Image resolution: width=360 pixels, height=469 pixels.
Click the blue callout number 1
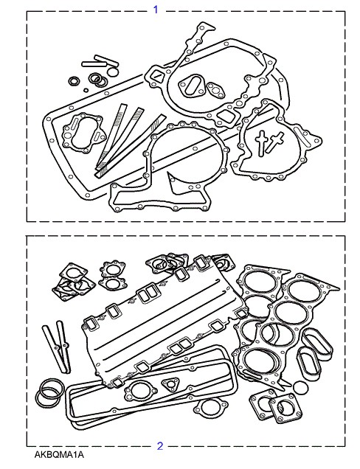click(x=156, y=10)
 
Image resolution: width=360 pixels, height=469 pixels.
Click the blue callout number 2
click(x=160, y=446)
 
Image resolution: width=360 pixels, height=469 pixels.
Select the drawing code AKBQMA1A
click(x=59, y=455)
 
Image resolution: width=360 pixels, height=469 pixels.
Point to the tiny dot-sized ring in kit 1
click(x=86, y=90)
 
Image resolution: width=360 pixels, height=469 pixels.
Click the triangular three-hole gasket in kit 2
click(x=170, y=384)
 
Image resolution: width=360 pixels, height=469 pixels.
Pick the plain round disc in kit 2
click(x=300, y=387)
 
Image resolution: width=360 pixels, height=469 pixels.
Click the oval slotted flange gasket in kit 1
click(x=190, y=86)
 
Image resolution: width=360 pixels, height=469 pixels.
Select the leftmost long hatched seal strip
click(x=111, y=136)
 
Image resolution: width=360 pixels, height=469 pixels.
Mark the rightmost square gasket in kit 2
click(x=285, y=408)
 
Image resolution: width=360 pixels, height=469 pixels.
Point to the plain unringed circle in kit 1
click(x=113, y=72)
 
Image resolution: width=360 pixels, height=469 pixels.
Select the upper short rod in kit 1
click(x=106, y=60)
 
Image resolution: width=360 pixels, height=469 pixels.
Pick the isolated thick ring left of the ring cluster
click(x=73, y=81)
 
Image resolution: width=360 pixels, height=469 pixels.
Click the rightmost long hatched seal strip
click(x=131, y=146)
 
